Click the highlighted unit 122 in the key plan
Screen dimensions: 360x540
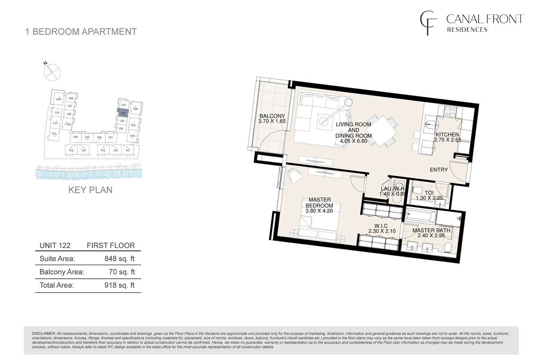123,113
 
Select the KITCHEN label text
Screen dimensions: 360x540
447,135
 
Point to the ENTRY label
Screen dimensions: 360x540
439,170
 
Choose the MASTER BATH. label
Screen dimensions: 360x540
432,230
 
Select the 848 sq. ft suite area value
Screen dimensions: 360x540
119,259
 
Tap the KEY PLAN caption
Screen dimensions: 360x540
90,190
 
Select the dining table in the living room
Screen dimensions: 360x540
383,130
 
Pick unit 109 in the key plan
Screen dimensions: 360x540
58,99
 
